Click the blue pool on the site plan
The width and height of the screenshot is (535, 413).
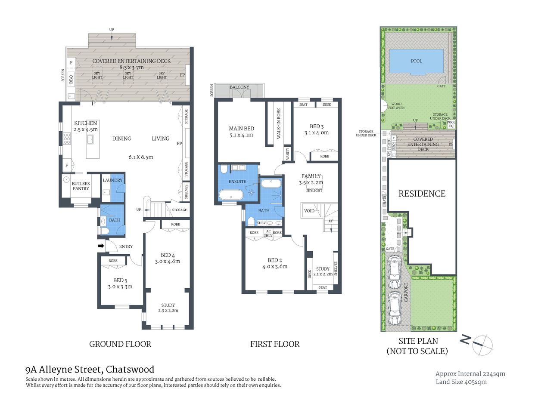click(416, 61)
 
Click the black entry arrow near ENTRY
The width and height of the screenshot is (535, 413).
click(101, 246)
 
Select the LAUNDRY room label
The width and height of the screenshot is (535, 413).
click(112, 180)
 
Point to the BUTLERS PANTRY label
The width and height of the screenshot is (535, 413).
click(81, 186)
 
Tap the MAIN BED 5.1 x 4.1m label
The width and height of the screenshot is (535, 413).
click(241, 131)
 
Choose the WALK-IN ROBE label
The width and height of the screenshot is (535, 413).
click(278, 123)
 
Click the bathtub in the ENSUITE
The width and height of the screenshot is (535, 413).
click(231, 194)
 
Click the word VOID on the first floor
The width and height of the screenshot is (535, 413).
click(309, 211)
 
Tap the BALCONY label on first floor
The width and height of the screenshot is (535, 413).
click(239, 87)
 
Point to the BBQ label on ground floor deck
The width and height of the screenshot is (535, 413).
click(71, 80)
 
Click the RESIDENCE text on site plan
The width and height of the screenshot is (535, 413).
click(422, 194)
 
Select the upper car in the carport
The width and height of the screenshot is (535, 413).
click(395, 272)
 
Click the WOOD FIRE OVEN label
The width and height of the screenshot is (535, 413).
click(396, 106)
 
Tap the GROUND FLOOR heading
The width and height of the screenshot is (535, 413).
click(120, 344)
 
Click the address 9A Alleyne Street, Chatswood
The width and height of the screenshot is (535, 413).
click(90, 369)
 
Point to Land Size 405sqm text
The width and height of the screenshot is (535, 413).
click(461, 382)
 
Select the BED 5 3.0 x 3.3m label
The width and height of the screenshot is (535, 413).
click(120, 283)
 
